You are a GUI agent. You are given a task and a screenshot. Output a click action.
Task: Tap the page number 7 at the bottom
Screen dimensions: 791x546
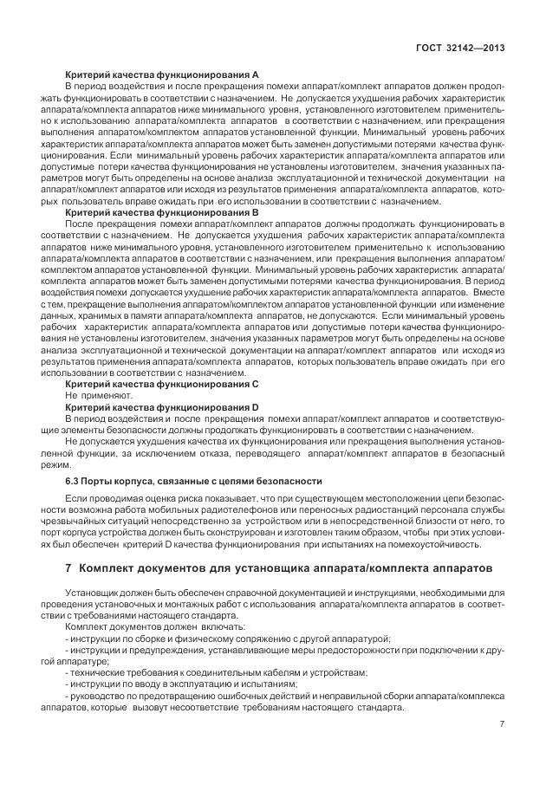pyautogui.click(x=503, y=724)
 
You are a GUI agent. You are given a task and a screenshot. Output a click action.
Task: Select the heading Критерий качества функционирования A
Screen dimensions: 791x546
pyautogui.click(x=162, y=76)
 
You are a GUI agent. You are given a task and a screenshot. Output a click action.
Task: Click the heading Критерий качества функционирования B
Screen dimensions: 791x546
pyautogui.click(x=162, y=212)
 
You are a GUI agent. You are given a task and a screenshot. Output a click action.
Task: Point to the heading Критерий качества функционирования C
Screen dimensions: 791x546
pyautogui.click(x=162, y=383)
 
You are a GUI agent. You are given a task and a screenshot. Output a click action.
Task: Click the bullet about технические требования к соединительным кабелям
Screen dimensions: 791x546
pyautogui.click(x=217, y=671)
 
